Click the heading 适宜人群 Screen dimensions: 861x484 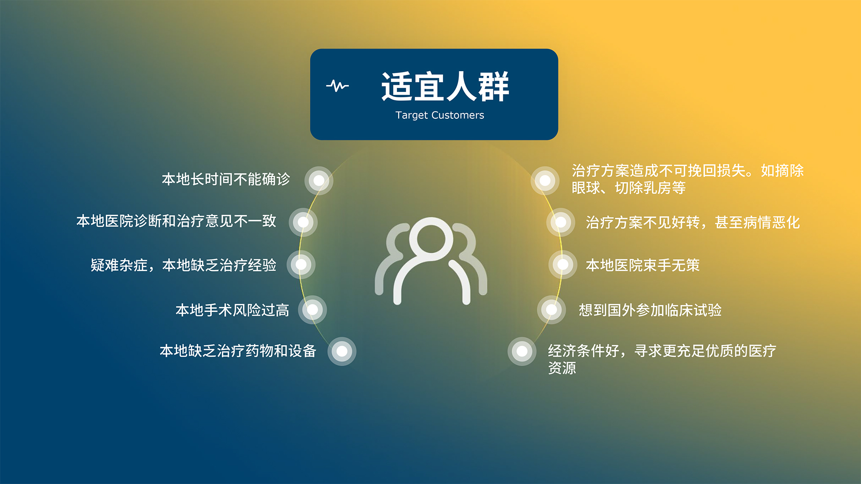[445, 86]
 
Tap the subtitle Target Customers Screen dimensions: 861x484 [439, 115]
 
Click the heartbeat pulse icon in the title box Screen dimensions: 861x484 [337, 86]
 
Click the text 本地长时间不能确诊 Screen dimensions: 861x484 [226, 179]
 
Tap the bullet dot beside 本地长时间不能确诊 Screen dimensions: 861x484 [319, 181]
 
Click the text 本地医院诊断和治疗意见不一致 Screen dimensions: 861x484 [176, 221]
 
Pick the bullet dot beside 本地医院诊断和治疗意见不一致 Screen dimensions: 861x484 [303, 222]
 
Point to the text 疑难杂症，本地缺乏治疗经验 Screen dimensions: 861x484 [183, 265]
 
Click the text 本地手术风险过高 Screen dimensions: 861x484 [232, 310]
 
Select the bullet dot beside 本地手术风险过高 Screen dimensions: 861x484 [313, 310]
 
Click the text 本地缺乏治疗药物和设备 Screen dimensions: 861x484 [238, 351]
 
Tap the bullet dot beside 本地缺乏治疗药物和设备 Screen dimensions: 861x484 [342, 351]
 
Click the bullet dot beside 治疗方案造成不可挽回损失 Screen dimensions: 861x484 [545, 181]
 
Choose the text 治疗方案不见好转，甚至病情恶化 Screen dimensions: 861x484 [693, 222]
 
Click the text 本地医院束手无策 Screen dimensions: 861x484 [643, 265]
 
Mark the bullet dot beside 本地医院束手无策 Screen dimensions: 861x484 [563, 265]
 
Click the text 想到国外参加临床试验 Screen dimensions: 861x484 [650, 310]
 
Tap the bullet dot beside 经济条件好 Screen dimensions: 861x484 [522, 351]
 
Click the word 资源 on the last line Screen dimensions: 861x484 [562, 368]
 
